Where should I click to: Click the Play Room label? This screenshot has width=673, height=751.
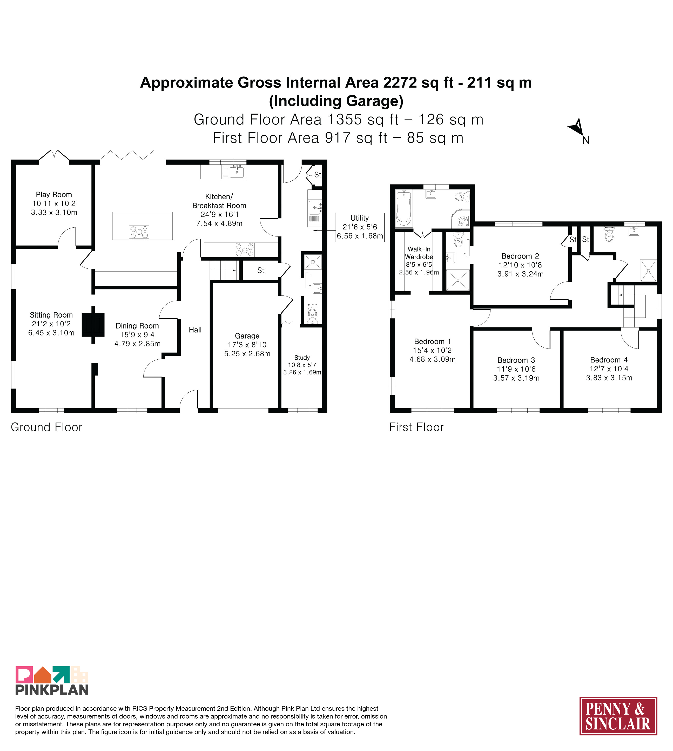(54, 195)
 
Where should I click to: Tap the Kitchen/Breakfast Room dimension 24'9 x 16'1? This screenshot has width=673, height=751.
(220, 215)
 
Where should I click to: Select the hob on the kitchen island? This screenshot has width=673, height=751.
(139, 232)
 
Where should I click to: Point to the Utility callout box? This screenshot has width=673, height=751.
(360, 227)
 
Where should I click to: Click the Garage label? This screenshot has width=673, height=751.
(247, 336)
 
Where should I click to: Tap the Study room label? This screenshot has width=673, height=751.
(302, 358)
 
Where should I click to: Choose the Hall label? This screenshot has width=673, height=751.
(195, 330)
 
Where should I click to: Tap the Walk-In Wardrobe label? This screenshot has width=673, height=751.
(419, 253)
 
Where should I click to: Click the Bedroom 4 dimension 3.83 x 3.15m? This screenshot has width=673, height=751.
(609, 378)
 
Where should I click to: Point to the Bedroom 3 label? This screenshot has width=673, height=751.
(516, 360)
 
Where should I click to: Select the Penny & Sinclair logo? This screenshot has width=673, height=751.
(618, 716)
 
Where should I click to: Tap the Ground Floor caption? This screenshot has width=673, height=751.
(46, 427)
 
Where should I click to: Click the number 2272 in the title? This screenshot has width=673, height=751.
(400, 83)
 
